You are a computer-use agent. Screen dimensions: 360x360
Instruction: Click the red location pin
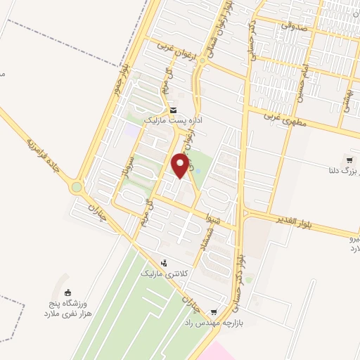pyautogui.click(x=181, y=165)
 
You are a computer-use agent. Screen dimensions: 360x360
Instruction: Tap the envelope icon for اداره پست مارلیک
pyautogui.click(x=173, y=110)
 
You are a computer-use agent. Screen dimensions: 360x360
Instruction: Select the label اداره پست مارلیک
pyautogui.click(x=173, y=121)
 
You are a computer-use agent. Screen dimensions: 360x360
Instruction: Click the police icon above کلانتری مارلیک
pyautogui.click(x=165, y=262)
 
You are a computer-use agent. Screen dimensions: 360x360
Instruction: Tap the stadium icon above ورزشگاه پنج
pyautogui.click(x=67, y=292)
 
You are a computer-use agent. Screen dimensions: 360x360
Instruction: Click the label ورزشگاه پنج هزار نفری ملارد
pyautogui.click(x=67, y=309)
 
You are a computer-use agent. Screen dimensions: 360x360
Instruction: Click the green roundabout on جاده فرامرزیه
pyautogui.click(x=76, y=188)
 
